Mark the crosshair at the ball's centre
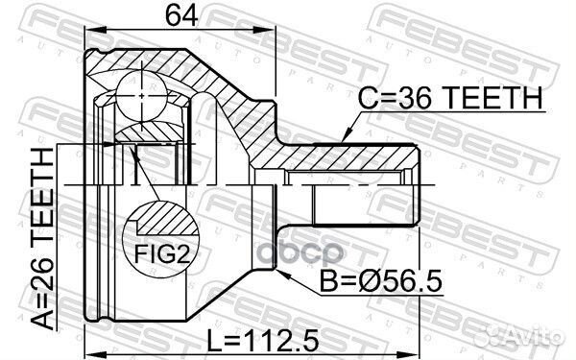tap(142, 97)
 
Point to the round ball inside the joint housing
tap(142, 97)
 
